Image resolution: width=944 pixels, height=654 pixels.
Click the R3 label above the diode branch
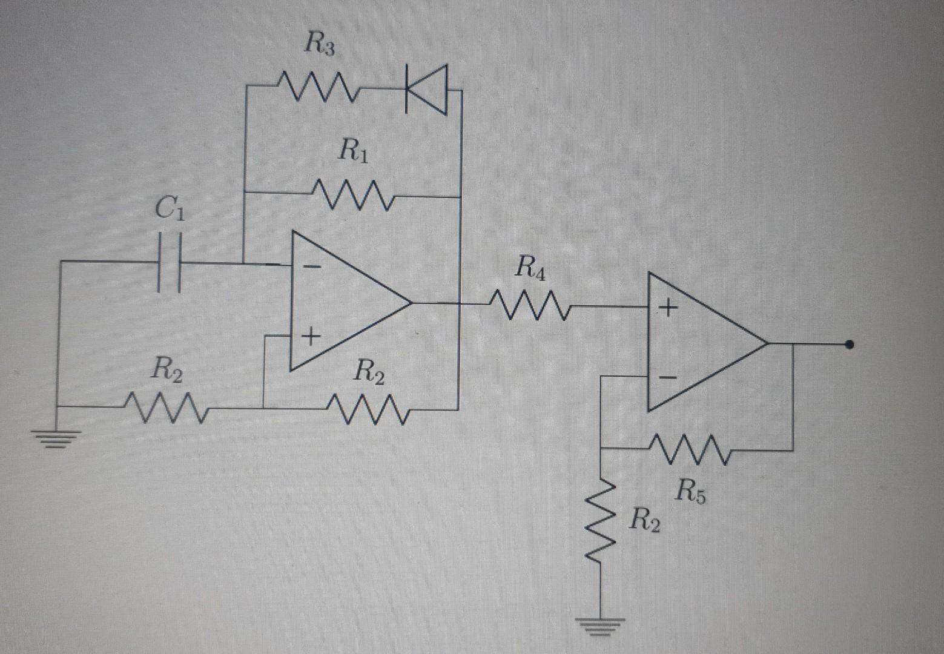click(319, 45)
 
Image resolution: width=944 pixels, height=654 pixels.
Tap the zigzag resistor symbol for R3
click(318, 89)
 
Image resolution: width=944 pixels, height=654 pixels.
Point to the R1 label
click(354, 150)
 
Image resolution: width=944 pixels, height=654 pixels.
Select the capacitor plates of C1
click(169, 263)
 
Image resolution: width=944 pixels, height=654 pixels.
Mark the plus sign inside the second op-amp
click(668, 309)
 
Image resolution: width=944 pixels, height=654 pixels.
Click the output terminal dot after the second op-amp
click(850, 345)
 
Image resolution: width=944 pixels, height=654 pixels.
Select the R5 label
click(691, 490)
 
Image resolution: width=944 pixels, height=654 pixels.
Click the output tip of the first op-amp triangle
click(412, 302)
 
